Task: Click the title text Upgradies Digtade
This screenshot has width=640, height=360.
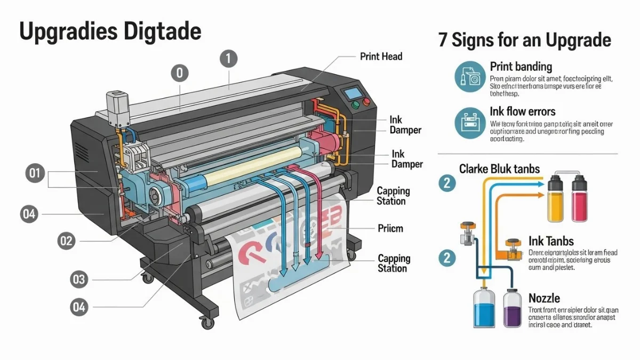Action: pyautogui.click(x=110, y=31)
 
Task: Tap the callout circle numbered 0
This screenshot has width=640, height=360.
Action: pyautogui.click(x=180, y=73)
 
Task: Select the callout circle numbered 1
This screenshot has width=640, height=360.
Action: pyautogui.click(x=228, y=59)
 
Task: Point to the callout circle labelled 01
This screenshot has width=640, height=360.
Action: pyautogui.click(x=35, y=173)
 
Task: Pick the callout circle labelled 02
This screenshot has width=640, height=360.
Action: pyautogui.click(x=66, y=241)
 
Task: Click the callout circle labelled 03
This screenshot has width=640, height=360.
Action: pyautogui.click(x=79, y=278)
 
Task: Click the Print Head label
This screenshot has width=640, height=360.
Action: pyautogui.click(x=381, y=56)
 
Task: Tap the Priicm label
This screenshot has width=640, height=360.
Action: pyautogui.click(x=390, y=228)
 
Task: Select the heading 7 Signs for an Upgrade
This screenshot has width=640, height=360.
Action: pyautogui.click(x=524, y=40)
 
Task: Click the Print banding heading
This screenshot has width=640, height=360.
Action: pyautogui.click(x=521, y=67)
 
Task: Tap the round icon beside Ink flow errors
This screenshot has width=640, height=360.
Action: pyautogui.click(x=469, y=123)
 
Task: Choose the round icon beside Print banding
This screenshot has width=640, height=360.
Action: pyautogui.click(x=469, y=77)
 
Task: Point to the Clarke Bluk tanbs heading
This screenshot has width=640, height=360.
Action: pyautogui.click(x=499, y=169)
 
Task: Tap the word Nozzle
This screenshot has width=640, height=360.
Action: pyautogui.click(x=544, y=298)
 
